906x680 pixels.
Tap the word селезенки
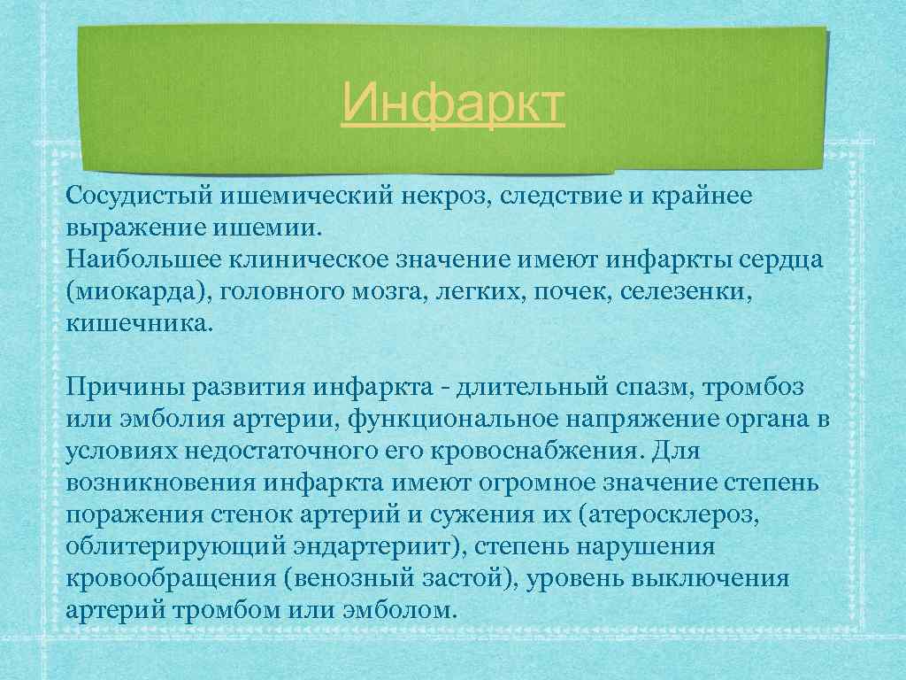688,292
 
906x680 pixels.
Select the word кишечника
137,323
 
